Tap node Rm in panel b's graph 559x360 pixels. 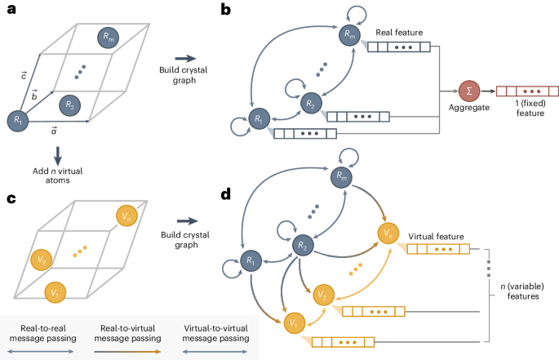click(349, 33)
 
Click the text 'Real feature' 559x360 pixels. click(400, 33)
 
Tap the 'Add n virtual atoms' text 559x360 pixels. click(57, 173)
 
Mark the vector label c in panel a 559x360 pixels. click(25, 76)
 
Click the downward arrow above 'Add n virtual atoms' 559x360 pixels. click(57, 152)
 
